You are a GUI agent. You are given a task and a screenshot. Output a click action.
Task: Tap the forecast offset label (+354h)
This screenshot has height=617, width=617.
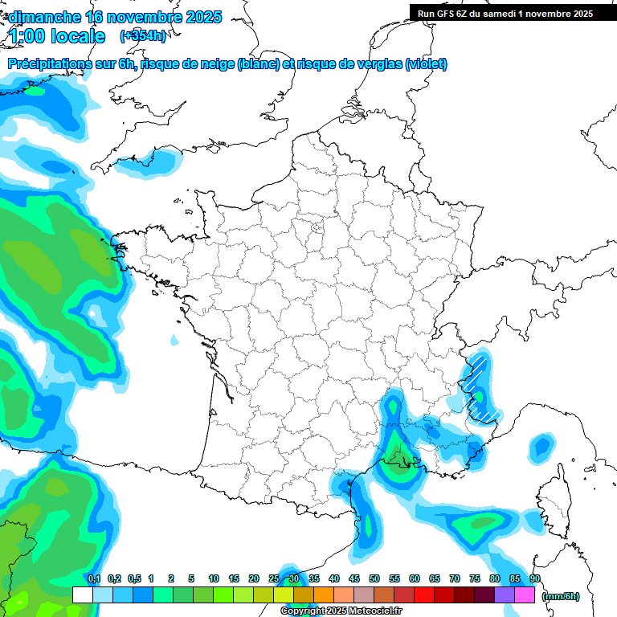142,36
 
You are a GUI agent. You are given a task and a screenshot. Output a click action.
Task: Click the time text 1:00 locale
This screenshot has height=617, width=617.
58,36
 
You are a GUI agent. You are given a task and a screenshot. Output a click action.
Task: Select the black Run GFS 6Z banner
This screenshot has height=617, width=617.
505,13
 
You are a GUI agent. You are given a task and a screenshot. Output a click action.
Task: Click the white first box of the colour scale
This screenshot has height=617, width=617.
82,595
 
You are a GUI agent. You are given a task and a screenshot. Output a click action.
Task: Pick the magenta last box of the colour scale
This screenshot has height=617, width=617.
525,595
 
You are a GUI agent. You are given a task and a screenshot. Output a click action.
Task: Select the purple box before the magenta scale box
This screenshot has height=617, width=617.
505,595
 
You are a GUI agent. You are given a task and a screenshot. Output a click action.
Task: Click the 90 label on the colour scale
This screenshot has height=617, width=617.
534,578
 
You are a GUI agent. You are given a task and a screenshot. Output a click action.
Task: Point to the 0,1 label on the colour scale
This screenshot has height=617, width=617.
93,578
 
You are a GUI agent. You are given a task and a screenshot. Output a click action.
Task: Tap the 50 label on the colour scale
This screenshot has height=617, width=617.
374,578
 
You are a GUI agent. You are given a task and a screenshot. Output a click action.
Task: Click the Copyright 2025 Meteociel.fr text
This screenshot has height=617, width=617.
341,611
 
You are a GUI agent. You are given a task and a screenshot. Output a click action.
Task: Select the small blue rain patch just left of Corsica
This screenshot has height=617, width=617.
542,446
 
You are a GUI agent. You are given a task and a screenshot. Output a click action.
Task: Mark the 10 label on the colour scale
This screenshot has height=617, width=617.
213,578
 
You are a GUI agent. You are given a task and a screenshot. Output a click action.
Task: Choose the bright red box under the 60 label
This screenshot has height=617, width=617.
424,595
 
